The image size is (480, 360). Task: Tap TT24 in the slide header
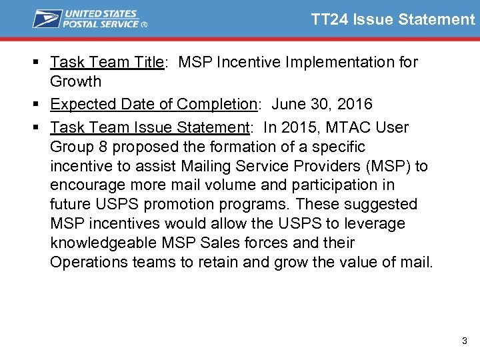pyautogui.click(x=329, y=19)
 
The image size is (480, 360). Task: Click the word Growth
pyautogui.click(x=75, y=82)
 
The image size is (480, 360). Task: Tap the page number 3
pyautogui.click(x=465, y=341)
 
